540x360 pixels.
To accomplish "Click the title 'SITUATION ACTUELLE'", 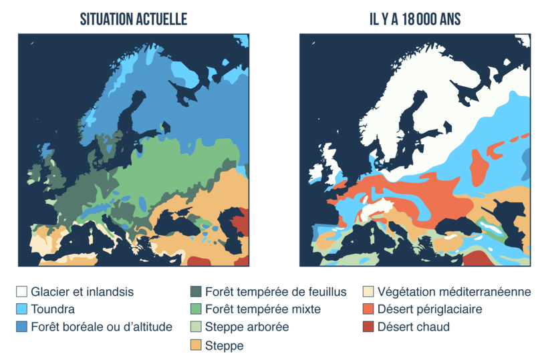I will pos(133,20).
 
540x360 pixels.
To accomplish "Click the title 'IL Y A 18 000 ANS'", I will pos(415,20).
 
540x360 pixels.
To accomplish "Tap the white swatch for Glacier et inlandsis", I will pos(22,292).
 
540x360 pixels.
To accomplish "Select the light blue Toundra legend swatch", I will pos(22,309).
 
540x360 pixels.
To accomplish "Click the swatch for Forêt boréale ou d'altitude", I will pos(22,327).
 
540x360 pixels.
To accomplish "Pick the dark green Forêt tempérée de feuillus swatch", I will pos(196,292).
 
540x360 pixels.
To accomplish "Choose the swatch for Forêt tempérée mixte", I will pos(196,309).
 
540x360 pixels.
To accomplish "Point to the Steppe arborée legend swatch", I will pos(196,327).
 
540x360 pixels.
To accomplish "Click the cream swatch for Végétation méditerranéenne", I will pos(368,292).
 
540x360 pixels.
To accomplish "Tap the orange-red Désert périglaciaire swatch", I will pos(368,309).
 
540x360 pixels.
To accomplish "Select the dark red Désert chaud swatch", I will pos(368,327).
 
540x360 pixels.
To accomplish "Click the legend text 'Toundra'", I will pos(53,309).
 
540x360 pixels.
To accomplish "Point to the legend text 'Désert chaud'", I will pos(414,327).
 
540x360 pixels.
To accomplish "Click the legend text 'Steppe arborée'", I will pos(247,327).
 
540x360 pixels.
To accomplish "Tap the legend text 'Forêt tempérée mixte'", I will pos(263,309).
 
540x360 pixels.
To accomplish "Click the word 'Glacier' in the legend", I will pos(50,292).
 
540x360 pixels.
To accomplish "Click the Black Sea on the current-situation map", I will pos(184,224).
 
